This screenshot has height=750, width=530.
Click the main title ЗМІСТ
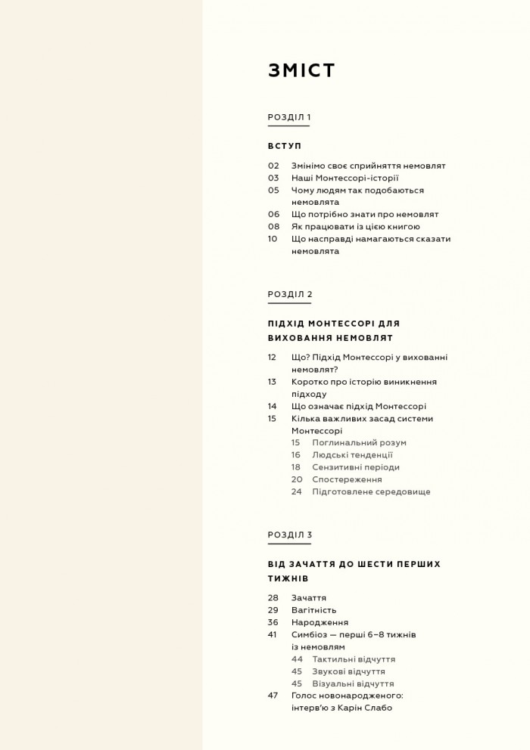(x=301, y=70)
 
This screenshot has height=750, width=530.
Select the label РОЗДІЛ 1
(x=289, y=117)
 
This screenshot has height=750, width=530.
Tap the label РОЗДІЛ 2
(x=289, y=294)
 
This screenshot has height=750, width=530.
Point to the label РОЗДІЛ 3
(x=289, y=535)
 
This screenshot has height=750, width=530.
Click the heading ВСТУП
(x=284, y=145)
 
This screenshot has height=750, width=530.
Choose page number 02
(x=273, y=166)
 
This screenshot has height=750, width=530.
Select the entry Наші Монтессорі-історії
(x=338, y=178)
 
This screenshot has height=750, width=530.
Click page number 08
(x=273, y=226)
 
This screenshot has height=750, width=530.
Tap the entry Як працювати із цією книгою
(x=355, y=226)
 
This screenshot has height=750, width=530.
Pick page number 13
(x=273, y=382)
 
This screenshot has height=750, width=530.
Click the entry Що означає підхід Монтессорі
(x=358, y=406)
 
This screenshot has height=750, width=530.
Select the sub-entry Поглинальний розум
(x=359, y=442)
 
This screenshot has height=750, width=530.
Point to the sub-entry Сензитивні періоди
(x=355, y=467)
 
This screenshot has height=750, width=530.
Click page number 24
(x=296, y=491)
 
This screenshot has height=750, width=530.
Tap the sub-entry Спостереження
(x=347, y=479)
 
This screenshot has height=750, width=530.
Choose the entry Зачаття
(x=308, y=597)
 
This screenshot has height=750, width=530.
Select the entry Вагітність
(x=313, y=609)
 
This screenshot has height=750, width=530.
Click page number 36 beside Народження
(x=273, y=621)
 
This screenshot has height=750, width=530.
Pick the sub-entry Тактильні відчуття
(x=354, y=659)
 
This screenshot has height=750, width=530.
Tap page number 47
(x=273, y=695)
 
